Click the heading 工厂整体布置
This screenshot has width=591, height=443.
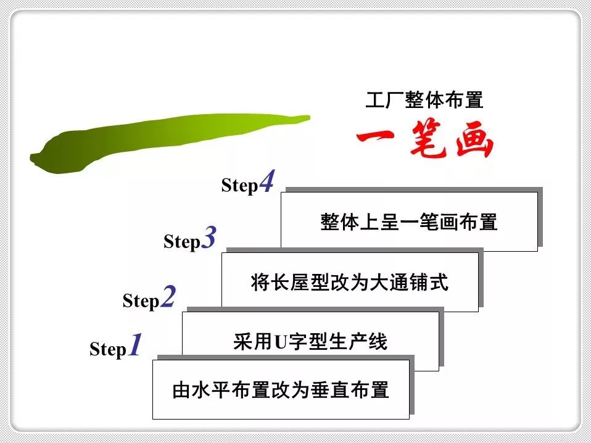(424, 100)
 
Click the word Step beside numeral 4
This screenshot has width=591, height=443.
(239, 186)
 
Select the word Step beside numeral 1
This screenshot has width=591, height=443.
(108, 350)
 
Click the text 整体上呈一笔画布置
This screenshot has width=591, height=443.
(409, 222)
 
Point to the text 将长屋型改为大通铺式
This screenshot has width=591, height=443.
(350, 283)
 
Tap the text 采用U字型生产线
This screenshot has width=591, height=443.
(310, 341)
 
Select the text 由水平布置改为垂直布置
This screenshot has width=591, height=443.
(281, 391)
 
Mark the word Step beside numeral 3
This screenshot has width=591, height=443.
(182, 242)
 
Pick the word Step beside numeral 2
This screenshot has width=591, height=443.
(141, 301)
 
